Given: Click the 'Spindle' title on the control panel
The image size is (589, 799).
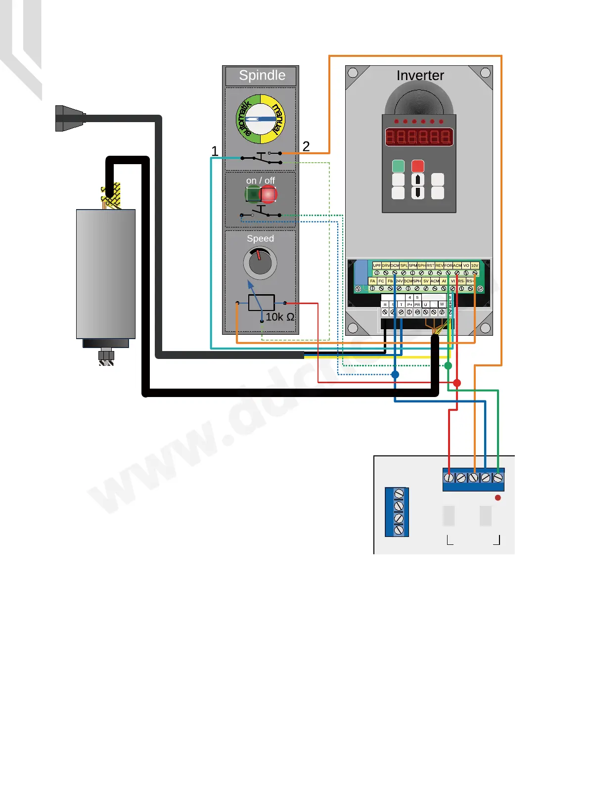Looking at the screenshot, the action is tap(262, 76).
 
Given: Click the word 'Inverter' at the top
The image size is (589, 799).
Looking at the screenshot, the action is tap(420, 75).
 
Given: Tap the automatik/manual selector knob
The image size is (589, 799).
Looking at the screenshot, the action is tap(261, 119).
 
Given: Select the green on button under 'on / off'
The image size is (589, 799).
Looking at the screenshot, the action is tap(253, 195).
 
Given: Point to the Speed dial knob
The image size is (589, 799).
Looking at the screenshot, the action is tap(260, 263).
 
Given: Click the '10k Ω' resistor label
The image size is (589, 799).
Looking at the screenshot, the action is tap(280, 317).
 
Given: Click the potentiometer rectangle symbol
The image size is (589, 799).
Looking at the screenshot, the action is tap(261, 303).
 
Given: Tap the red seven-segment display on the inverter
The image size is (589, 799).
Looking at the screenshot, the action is tap(419, 136).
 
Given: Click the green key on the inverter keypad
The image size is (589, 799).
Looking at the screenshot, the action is tap(398, 166).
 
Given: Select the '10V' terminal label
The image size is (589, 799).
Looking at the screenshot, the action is tap(475, 266).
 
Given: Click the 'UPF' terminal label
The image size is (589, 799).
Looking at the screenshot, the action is tap(377, 266).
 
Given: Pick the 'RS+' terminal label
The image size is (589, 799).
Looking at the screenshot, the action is tap(470, 281).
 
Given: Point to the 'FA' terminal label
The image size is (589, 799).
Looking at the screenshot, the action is tap(372, 281).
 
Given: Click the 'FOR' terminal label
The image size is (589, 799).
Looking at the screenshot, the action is tap(448, 266).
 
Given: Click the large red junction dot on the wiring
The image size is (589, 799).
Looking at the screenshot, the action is tap(457, 383).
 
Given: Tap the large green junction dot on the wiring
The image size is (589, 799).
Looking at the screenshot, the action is tap(448, 366).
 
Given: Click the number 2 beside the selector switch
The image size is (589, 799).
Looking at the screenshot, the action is tap(306, 146).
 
